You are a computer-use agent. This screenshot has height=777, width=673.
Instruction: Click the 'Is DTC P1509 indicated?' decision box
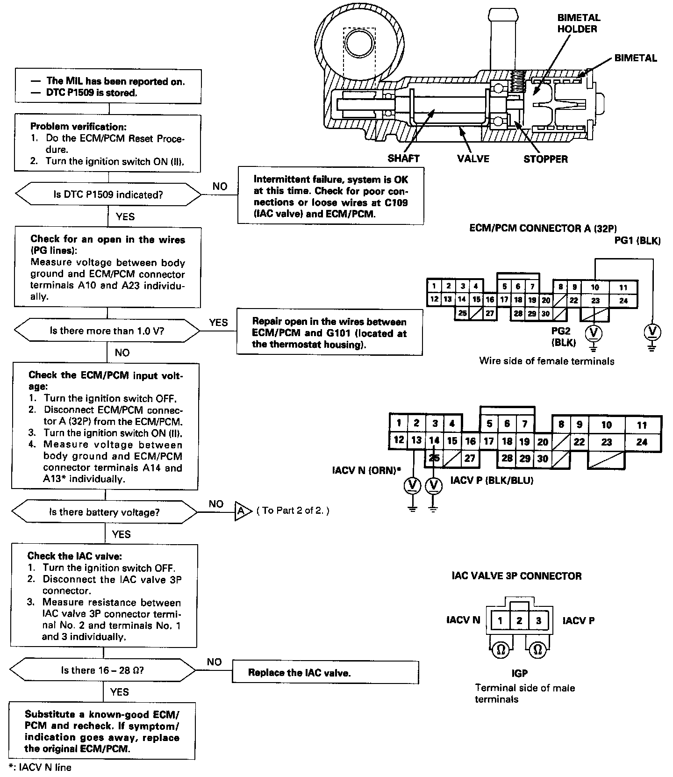coord(108,194)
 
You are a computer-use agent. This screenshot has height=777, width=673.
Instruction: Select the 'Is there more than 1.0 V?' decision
coord(107,331)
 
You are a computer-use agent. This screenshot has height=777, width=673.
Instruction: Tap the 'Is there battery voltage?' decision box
coord(105,512)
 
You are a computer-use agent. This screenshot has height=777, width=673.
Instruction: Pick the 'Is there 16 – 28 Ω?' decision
coord(103,670)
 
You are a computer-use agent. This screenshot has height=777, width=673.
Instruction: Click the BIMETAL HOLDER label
coord(578,23)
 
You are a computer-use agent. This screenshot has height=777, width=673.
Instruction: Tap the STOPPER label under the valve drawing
coord(545,159)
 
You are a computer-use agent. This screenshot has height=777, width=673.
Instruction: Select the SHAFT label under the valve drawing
coord(403,158)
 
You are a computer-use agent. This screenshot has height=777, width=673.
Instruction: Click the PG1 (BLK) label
coord(637,241)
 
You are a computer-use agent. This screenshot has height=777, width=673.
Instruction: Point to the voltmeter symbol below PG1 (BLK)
coord(652,332)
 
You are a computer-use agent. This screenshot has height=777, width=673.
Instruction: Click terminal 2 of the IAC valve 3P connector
coord(519,621)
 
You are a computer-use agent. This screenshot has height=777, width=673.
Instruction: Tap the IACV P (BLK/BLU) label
coord(492,481)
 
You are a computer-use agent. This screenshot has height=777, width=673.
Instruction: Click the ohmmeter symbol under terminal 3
coord(537,650)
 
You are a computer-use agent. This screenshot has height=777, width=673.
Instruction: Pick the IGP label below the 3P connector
coord(519,673)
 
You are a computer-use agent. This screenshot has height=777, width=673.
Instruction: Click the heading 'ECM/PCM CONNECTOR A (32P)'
coord(543,229)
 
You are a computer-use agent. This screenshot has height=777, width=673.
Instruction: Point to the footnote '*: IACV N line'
coord(40,767)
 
